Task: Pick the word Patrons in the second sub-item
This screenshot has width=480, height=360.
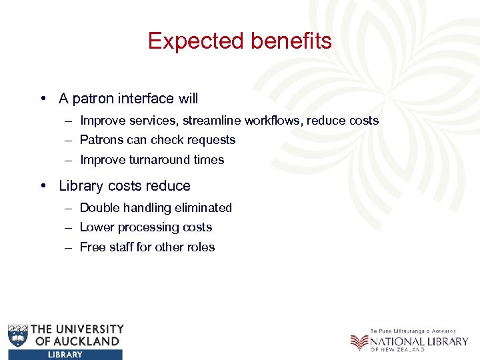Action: tap(100, 140)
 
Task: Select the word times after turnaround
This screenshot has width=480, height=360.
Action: tap(209, 160)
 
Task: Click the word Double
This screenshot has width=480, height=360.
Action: tap(99, 208)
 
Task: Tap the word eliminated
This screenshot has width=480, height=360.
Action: tap(204, 208)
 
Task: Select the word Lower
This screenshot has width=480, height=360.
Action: tap(95, 227)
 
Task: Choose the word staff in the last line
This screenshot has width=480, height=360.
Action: tap(119, 247)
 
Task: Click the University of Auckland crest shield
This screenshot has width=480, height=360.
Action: tap(18, 335)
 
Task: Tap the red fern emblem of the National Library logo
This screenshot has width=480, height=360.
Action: tap(359, 342)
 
